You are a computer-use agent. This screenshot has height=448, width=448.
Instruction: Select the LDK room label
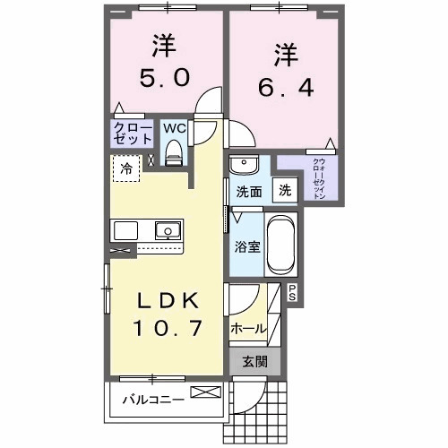point(167,299)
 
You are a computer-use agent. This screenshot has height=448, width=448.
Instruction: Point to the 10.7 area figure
point(167,331)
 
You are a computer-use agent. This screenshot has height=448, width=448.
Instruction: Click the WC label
point(174,128)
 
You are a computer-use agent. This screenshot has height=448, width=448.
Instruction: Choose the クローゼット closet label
point(132,135)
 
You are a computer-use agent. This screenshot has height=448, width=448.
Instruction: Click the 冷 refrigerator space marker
point(125,168)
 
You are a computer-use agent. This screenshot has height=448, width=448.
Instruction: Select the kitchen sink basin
point(167,232)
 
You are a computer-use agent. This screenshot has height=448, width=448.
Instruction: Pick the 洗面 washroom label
point(248,191)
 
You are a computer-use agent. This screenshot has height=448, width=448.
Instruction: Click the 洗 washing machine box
point(283,190)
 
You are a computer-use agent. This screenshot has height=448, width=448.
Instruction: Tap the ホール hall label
point(248,329)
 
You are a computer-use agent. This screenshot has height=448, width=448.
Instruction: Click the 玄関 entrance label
point(254,363)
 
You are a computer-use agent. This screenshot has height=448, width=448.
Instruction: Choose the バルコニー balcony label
point(153,400)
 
